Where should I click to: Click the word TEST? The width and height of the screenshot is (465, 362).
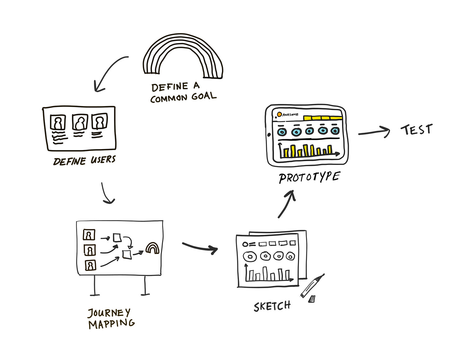point(416,130)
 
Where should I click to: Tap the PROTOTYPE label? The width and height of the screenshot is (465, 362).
point(309,177)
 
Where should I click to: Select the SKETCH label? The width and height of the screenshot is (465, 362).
point(272,306)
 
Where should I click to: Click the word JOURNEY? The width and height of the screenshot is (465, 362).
point(109,313)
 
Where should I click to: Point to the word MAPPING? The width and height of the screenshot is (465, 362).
point(112,324)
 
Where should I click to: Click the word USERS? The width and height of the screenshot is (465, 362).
point(103,160)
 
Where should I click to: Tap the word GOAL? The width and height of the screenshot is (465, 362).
point(204,96)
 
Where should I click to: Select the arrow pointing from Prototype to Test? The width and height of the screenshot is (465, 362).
point(374,132)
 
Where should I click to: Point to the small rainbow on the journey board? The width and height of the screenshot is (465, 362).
point(153,248)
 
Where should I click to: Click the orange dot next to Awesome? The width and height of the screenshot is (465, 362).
point(279,114)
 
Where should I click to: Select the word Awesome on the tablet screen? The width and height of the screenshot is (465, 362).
point(290,115)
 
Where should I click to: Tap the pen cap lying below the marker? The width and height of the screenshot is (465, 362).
point(312,299)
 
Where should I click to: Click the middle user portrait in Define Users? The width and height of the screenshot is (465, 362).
point(80,122)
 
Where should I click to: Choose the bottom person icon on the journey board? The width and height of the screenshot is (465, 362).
point(91,265)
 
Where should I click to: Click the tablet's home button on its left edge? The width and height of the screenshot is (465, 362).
point(269,135)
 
